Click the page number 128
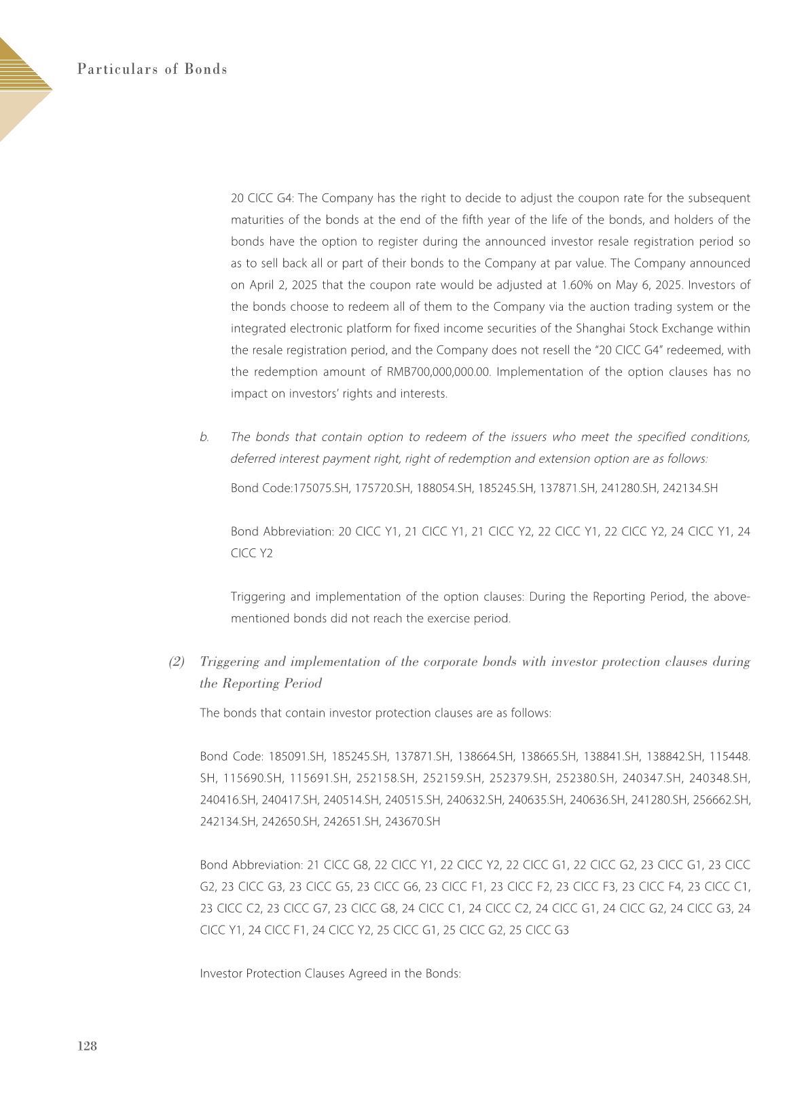tap(88, 1046)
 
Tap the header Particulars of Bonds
tap(152, 69)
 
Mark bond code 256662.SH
tap(722, 799)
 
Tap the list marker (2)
tap(177, 662)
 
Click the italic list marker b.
tap(204, 437)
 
